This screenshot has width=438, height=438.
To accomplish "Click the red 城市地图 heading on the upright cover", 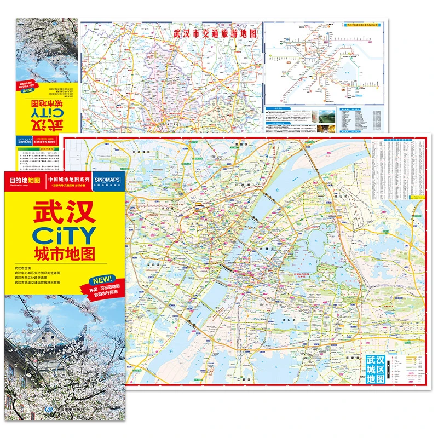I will coord(64,255).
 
